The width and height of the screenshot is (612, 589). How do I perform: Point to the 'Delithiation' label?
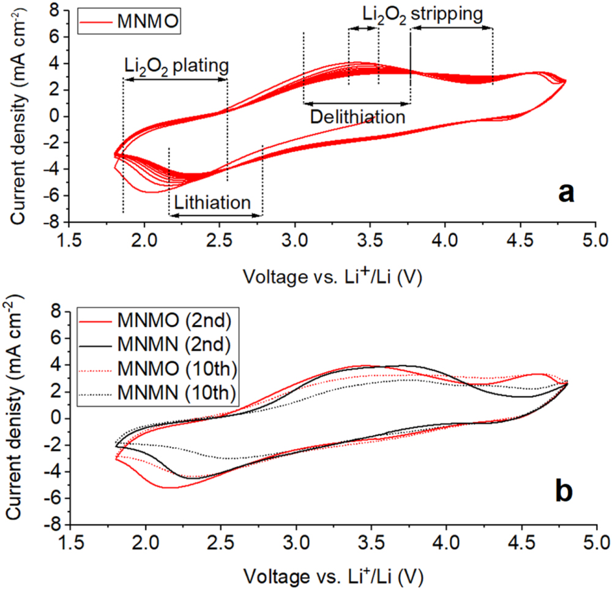tap(357, 117)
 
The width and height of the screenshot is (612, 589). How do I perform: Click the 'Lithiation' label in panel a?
tap(212, 203)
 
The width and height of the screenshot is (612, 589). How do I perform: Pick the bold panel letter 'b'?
tap(564, 492)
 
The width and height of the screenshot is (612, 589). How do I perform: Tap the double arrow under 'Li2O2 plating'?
tap(175, 79)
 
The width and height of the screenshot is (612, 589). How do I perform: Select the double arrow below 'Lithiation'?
tap(215, 216)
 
